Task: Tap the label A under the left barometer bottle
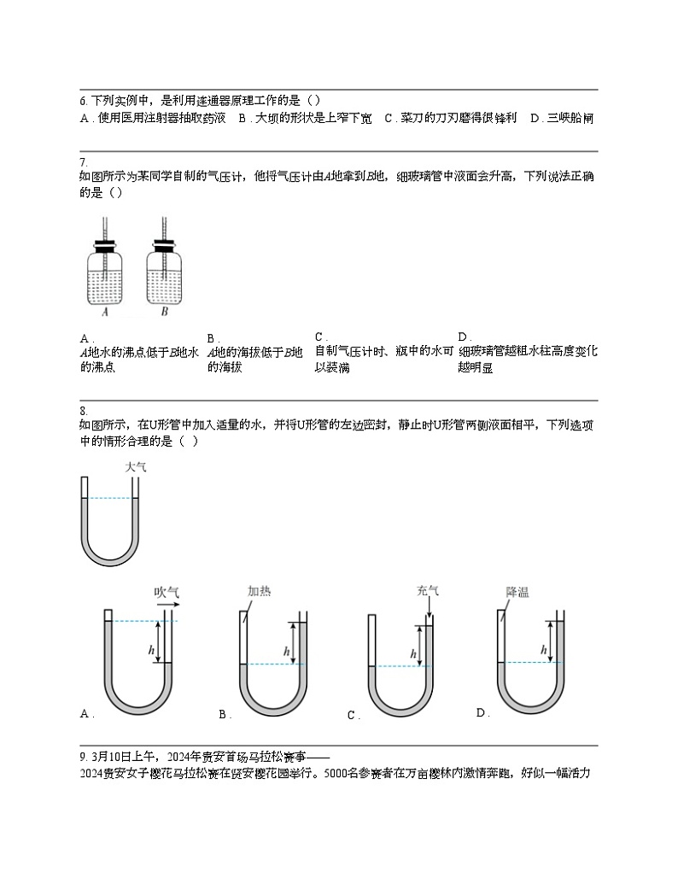click(x=104, y=313)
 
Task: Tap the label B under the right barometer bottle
click(x=164, y=313)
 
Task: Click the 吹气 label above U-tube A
click(x=167, y=591)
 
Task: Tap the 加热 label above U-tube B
click(x=260, y=591)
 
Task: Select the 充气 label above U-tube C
click(x=428, y=591)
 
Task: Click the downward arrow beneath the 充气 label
click(x=429, y=608)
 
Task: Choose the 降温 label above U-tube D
click(x=517, y=591)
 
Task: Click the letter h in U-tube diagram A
click(x=151, y=651)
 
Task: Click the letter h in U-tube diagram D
click(x=543, y=651)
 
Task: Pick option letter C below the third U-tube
click(x=352, y=716)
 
